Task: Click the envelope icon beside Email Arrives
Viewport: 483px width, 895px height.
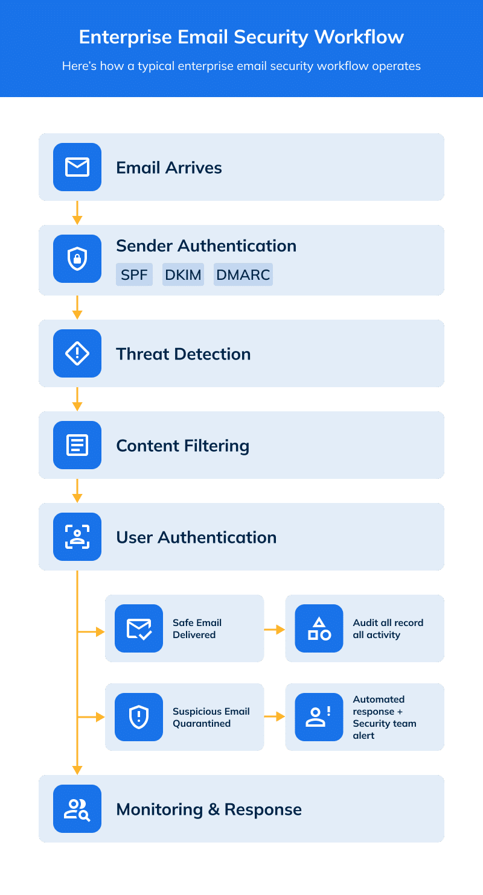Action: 77,167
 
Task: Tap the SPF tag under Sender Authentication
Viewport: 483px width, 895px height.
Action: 134,274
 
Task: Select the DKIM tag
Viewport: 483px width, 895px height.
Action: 183,274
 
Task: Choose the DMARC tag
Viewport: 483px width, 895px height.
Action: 243,274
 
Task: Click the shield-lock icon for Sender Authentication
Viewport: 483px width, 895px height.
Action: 77,259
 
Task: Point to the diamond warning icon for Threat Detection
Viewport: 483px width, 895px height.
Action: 77,353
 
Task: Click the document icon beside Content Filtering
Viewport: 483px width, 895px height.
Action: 77,445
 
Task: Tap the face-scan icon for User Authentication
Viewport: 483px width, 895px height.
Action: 77,537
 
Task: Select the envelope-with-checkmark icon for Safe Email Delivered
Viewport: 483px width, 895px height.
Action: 139,628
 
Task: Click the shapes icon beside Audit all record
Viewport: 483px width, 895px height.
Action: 319,628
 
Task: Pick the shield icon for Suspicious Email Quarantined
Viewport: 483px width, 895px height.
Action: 139,717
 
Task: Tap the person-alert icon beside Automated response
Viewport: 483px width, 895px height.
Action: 319,717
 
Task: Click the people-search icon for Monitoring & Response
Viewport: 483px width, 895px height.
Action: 77,809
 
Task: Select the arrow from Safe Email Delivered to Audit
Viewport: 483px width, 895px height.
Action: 275,629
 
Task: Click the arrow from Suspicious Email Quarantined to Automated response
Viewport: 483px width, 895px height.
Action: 275,717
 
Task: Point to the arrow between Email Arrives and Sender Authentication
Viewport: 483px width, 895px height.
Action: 77,213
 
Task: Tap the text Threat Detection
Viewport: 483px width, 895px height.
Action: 183,354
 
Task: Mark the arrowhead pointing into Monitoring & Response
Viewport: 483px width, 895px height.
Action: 77,770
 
